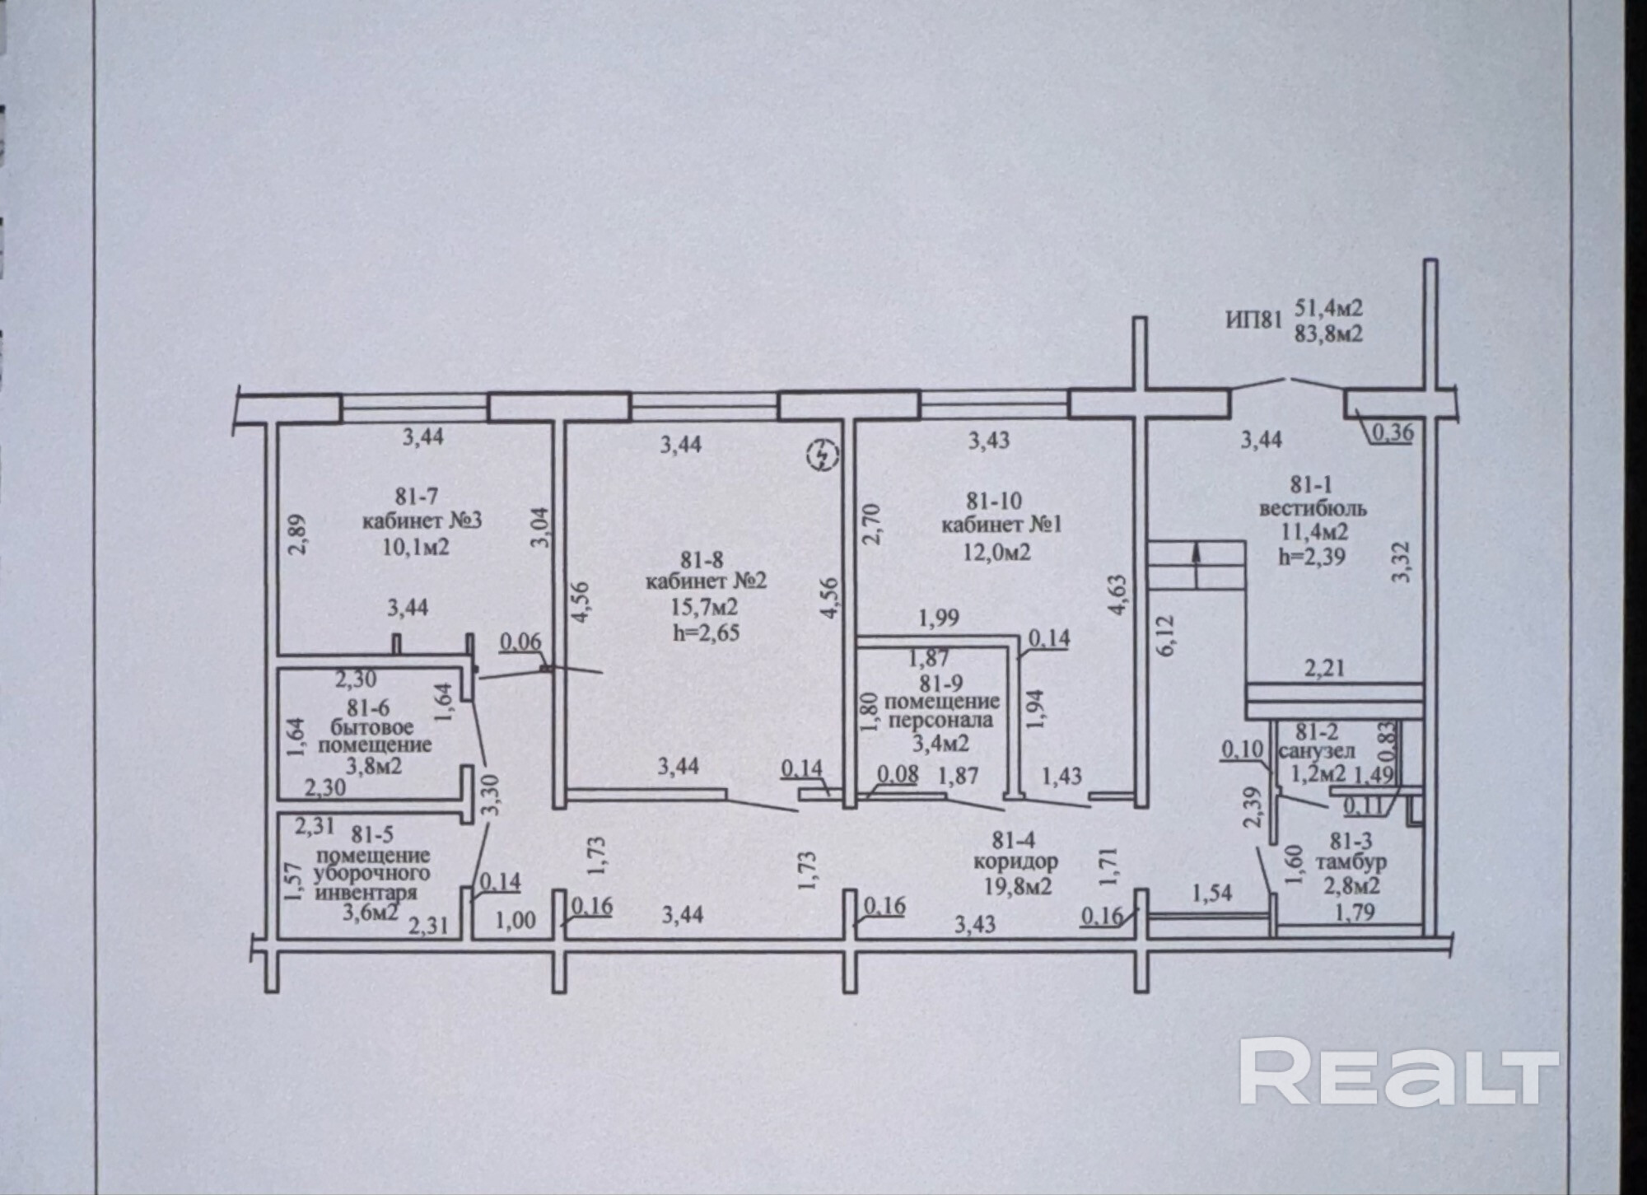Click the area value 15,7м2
click(x=704, y=607)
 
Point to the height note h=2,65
click(x=705, y=633)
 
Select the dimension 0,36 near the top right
click(x=1391, y=432)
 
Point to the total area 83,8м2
click(x=1328, y=334)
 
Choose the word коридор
click(x=1015, y=862)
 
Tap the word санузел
click(x=1315, y=752)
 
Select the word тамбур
click(x=1351, y=862)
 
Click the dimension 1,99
click(x=939, y=618)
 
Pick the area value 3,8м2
click(x=374, y=767)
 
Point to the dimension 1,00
click(x=516, y=920)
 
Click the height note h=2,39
click(x=1312, y=556)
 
